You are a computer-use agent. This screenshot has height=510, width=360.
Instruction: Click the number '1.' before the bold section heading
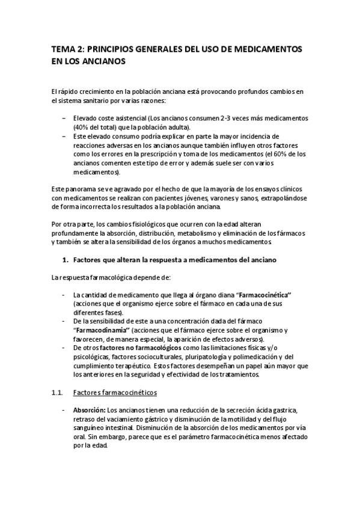click(67, 260)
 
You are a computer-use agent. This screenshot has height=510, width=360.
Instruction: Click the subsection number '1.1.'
click(58, 393)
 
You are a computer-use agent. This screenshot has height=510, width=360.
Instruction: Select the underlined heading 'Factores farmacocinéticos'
click(114, 393)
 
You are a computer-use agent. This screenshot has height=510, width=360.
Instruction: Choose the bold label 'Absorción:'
click(89, 410)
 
